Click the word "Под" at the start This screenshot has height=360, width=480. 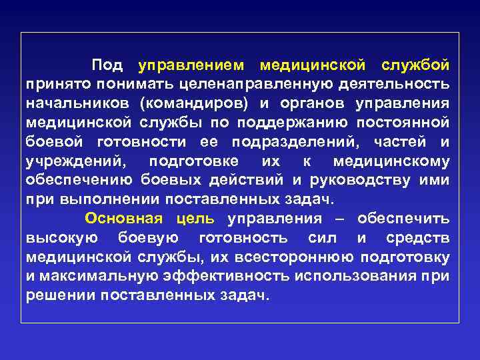pos(107,65)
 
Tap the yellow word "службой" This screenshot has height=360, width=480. pos(415,65)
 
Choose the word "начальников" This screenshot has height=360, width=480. pos(79,104)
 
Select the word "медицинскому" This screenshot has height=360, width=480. pos(391,161)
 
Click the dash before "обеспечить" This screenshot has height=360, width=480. pos(339,219)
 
